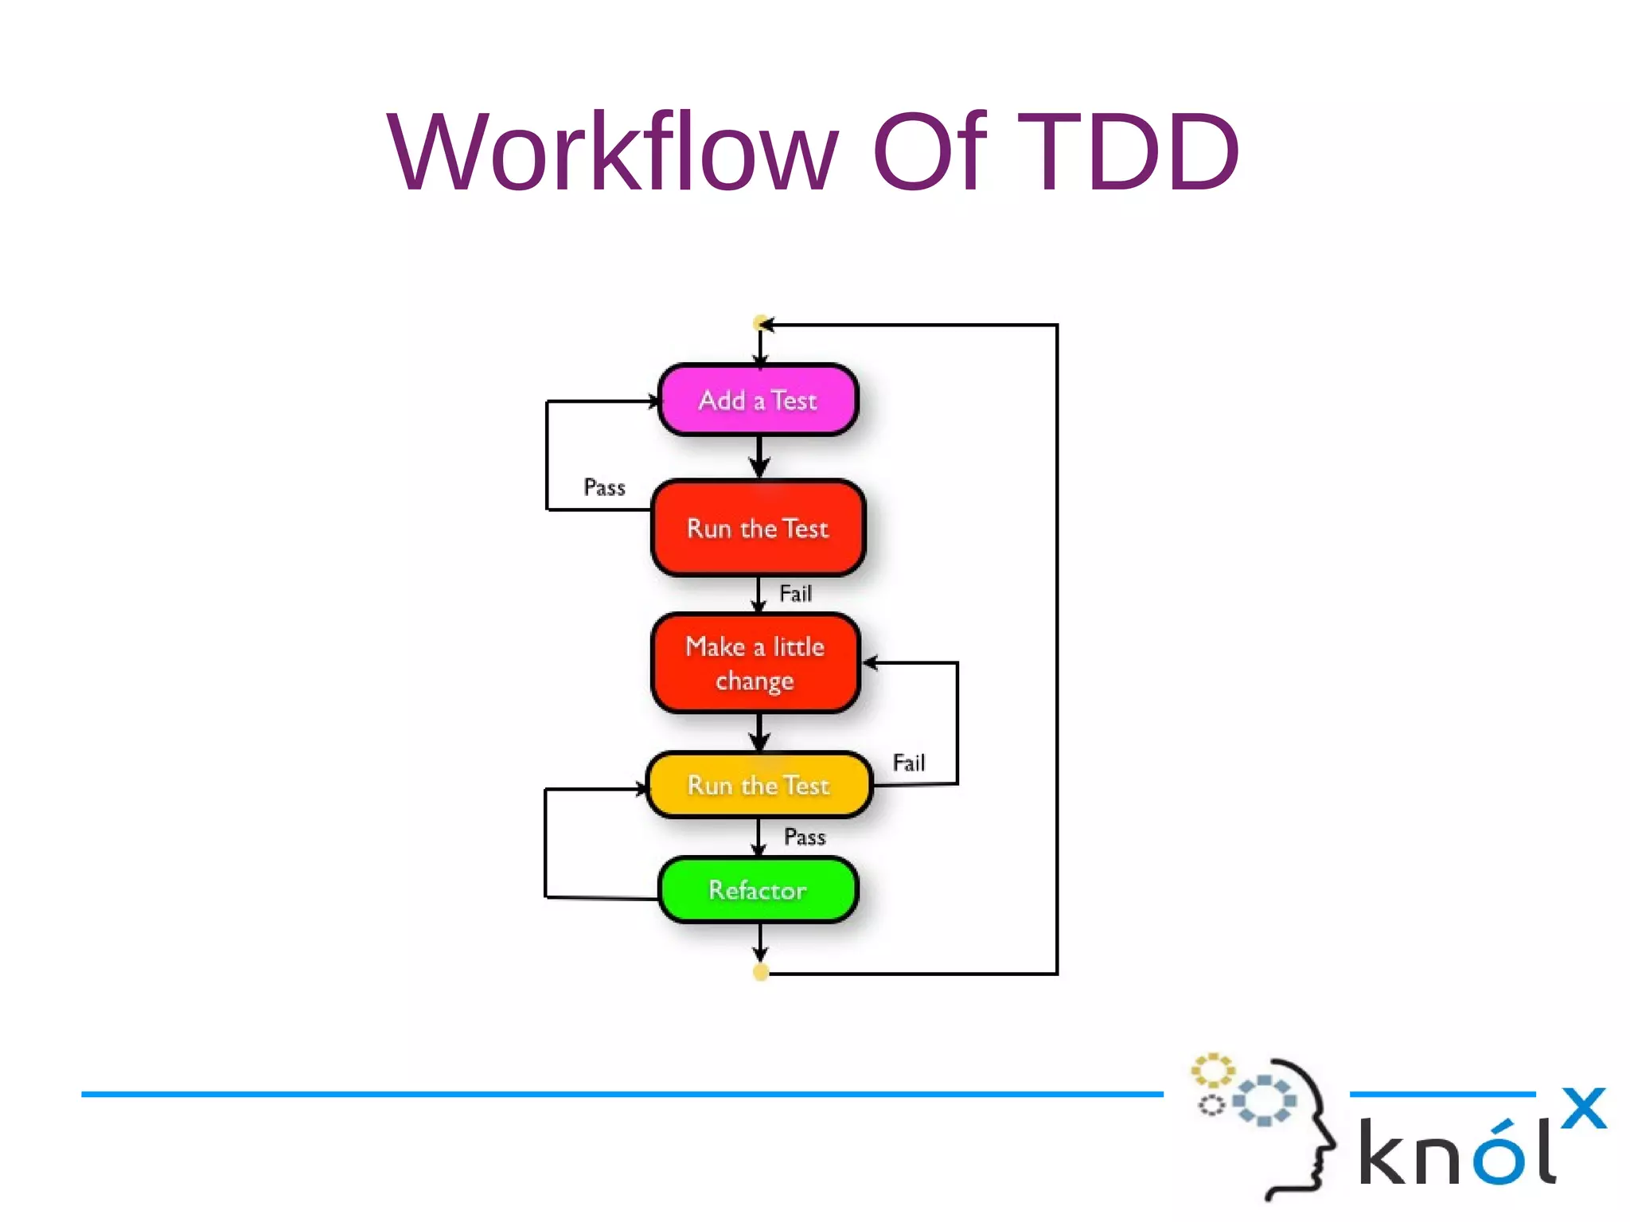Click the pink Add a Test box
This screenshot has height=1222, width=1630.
[x=758, y=400]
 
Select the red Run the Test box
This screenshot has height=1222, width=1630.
[x=758, y=528]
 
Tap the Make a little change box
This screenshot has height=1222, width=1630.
[x=755, y=662]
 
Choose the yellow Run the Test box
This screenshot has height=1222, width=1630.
[x=758, y=785]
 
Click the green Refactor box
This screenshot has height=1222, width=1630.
[x=758, y=889]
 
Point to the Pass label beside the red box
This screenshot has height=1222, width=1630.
[x=604, y=487]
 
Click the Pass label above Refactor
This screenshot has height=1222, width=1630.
[x=805, y=837]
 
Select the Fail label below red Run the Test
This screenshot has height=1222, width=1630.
[x=795, y=593]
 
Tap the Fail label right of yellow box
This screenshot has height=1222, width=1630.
[x=909, y=763]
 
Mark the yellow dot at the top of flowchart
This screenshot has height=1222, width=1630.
[x=761, y=323]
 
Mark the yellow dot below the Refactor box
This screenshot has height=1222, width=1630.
[x=761, y=972]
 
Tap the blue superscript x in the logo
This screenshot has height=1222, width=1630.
[x=1583, y=1107]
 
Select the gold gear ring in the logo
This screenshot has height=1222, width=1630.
[x=1211, y=1071]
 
